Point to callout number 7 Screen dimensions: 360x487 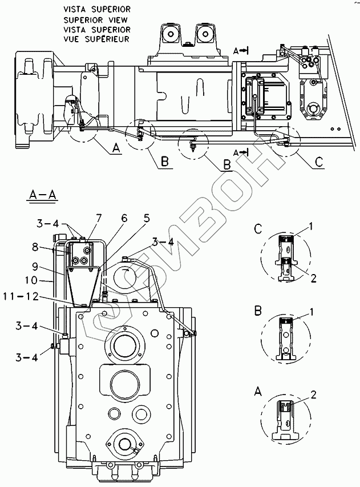tap(99, 218)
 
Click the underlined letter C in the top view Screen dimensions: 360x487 tap(319, 162)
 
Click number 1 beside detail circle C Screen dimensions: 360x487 tap(310, 227)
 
